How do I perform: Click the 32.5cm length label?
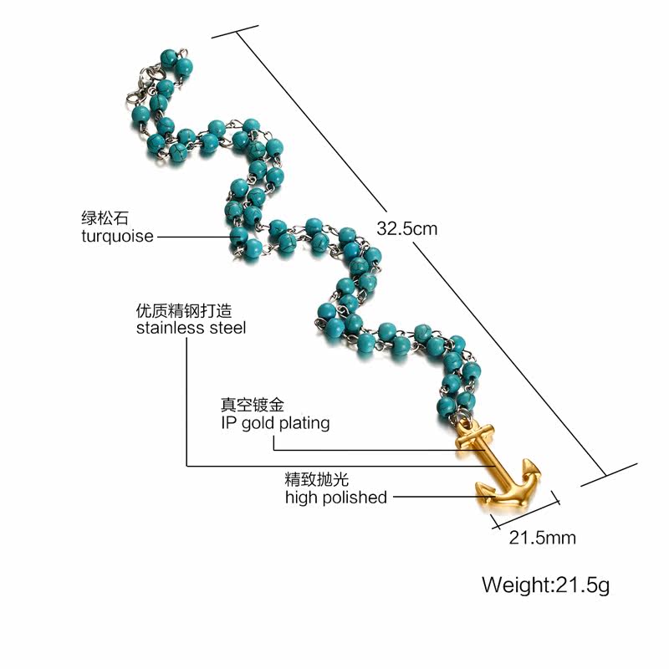tap(407, 228)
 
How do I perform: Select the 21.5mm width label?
tap(543, 538)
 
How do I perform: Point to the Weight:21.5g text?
tap(545, 584)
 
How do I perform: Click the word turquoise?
tap(117, 236)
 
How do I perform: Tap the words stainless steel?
tap(191, 328)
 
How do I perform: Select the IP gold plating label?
tap(269, 422)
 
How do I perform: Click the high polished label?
tap(335, 498)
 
